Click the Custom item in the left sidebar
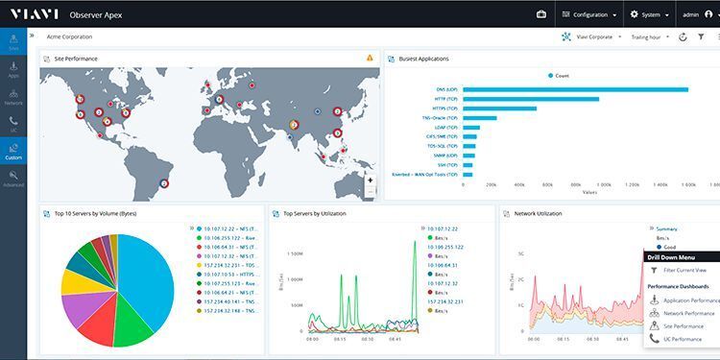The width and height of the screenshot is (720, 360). coord(13,151)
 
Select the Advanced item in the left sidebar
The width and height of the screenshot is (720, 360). coord(13,178)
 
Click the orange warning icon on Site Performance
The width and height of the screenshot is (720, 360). coord(370,59)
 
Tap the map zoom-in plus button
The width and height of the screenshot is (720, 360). coord(371,180)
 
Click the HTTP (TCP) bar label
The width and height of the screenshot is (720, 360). coord(444,99)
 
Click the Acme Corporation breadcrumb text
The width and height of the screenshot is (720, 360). coord(69,36)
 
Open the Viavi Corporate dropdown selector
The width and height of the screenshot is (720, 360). coord(589,36)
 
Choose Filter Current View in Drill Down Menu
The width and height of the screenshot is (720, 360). coord(684,271)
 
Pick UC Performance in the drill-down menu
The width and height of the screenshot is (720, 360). coord(684,338)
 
